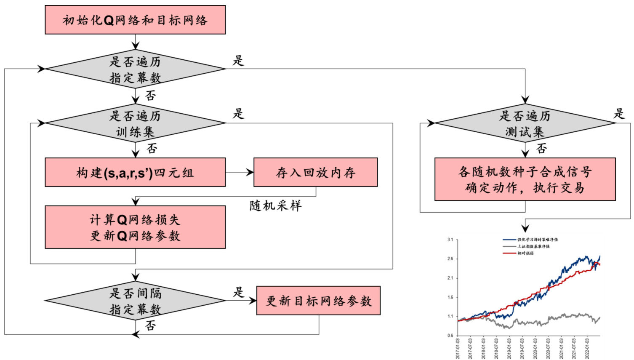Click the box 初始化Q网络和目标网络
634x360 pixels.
[x=135, y=20]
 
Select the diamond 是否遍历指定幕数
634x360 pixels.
[x=135, y=69]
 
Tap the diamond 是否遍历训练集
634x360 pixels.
[x=135, y=123]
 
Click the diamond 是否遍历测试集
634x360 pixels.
[x=525, y=123]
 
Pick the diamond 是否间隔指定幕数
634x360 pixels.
[x=135, y=301]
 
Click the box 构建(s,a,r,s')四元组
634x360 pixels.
[x=135, y=172]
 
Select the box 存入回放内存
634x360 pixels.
[x=315, y=172]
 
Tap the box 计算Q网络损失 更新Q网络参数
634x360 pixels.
[x=135, y=227]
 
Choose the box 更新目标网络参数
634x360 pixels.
[x=318, y=301]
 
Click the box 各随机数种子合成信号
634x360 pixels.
[x=525, y=179]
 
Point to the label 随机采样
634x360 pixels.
[x=276, y=206]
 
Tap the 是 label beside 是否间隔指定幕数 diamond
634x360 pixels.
[x=239, y=292]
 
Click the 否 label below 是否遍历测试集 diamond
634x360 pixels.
[x=542, y=148]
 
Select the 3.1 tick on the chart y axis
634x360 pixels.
[x=450, y=240]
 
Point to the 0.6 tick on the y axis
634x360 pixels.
[x=450, y=336]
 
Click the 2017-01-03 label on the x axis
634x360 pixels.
[x=458, y=348]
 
